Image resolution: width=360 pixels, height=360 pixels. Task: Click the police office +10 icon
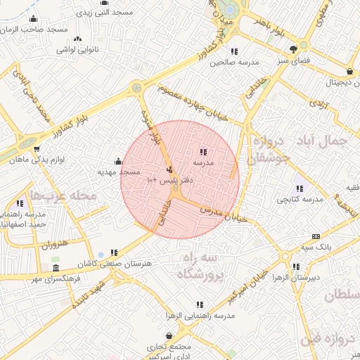(169, 169)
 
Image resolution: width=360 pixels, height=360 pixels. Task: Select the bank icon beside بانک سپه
(315, 237)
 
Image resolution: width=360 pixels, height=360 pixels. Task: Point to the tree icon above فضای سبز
(293, 49)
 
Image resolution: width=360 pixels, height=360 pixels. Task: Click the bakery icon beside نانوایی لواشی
(77, 39)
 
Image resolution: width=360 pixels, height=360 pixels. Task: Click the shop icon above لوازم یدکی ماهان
(37, 148)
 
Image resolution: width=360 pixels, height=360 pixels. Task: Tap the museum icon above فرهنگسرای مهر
(56, 269)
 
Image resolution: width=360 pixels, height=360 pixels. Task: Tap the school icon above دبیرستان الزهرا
(295, 266)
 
